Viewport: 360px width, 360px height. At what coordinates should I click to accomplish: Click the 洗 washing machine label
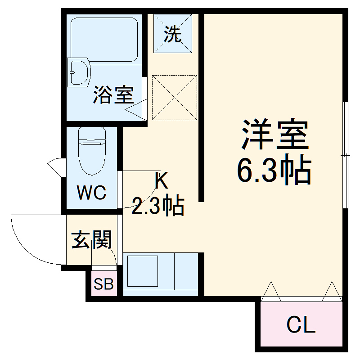point(173,35)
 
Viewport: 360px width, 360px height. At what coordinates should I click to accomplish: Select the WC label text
point(91,193)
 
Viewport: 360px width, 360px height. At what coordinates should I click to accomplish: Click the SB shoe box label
point(103,284)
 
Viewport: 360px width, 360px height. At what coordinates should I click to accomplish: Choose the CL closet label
point(301,325)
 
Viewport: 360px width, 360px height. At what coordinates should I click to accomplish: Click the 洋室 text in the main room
point(275,135)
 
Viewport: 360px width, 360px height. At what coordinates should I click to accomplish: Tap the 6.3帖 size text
point(274,171)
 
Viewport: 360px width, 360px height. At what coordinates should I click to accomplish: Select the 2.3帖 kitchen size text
point(157,207)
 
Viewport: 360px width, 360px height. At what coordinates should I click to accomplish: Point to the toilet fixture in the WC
point(92,151)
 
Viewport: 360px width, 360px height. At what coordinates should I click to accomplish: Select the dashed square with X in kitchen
point(175,98)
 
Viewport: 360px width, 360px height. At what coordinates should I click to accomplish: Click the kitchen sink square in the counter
point(141,271)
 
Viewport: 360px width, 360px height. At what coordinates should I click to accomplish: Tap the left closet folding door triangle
point(272,291)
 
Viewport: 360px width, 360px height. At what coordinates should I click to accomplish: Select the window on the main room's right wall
point(345,155)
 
